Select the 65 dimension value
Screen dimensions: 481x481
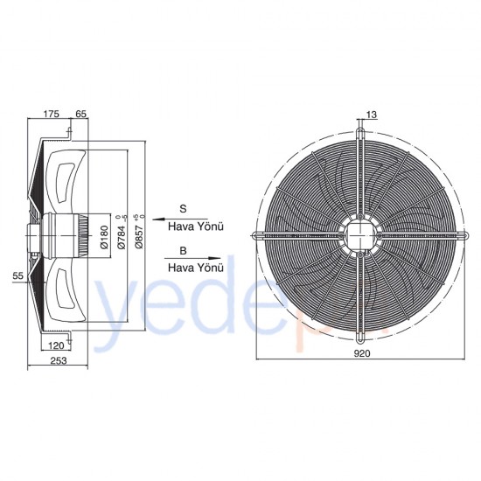pyautogui.click(x=81, y=114)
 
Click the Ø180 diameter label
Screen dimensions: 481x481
pyautogui.click(x=104, y=234)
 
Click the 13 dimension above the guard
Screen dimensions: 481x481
pyautogui.click(x=373, y=114)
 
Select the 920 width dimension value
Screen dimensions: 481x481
pyautogui.click(x=362, y=354)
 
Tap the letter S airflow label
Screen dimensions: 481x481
pyautogui.click(x=183, y=208)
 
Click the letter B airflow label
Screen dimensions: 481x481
pyautogui.click(x=183, y=251)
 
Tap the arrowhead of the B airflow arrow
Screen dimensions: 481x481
pyautogui.click(x=221, y=259)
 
